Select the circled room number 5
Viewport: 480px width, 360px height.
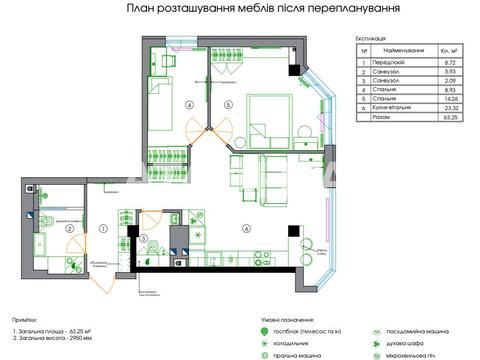(228, 104)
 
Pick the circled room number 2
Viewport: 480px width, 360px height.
(70, 229)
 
